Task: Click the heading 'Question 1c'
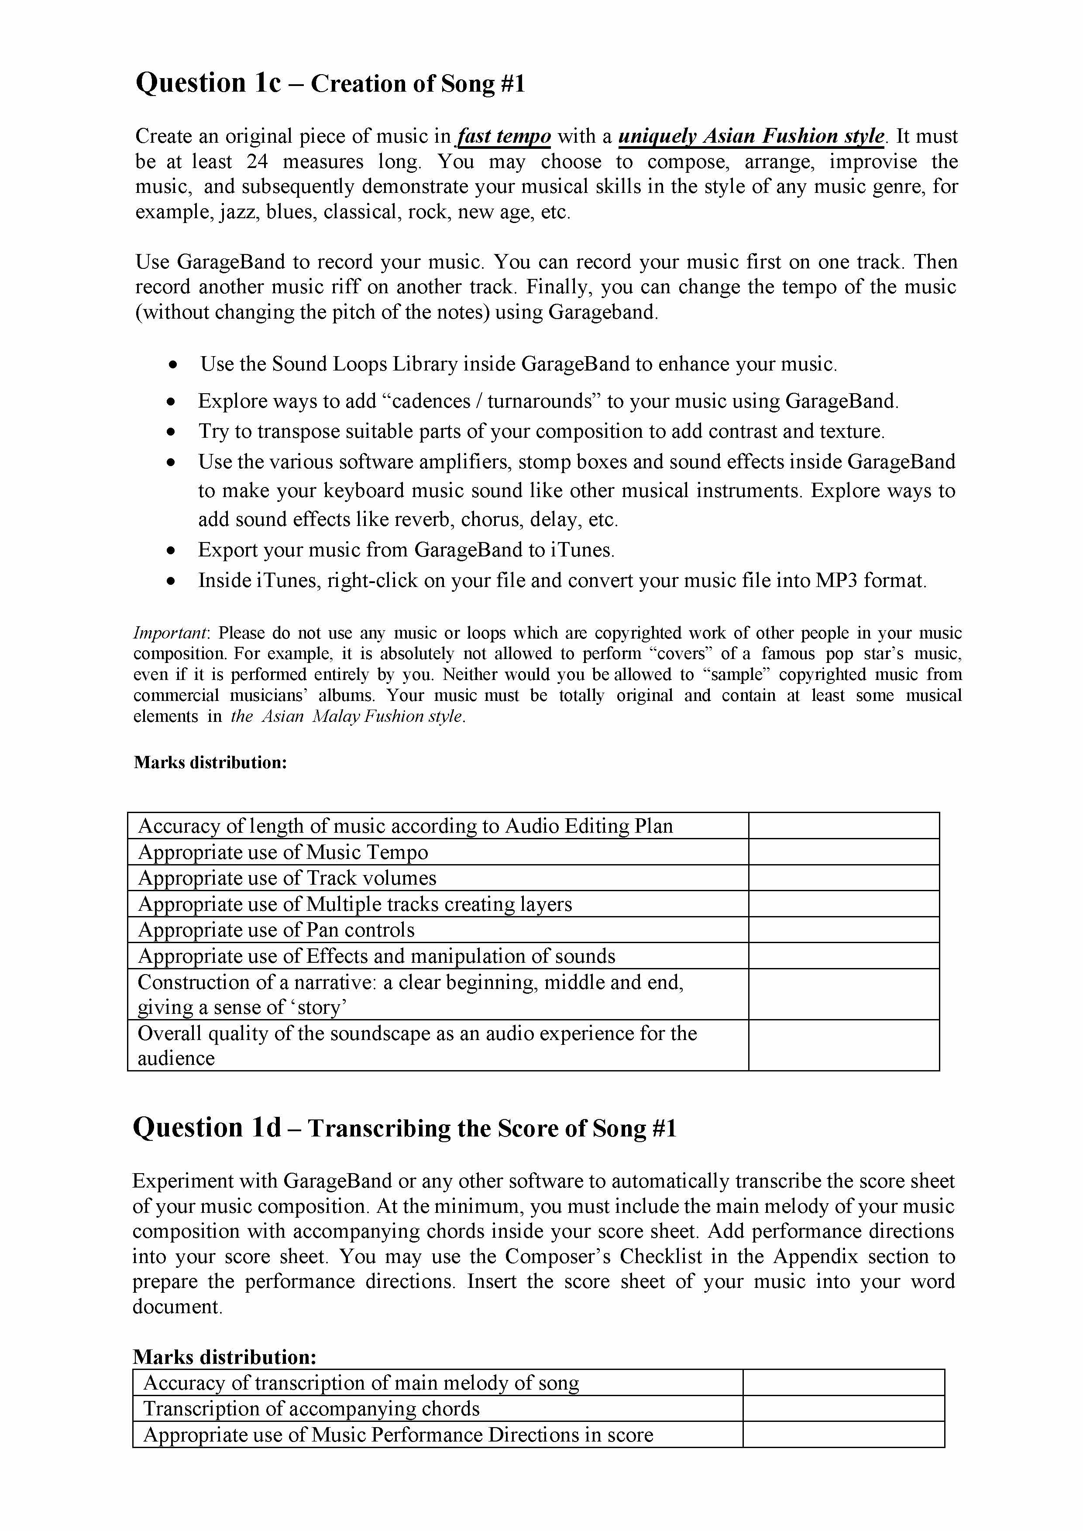pos(208,83)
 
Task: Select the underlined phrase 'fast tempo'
pos(504,137)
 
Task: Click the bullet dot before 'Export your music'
pos(172,551)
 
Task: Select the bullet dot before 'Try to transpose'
pos(172,432)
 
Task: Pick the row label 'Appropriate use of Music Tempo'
pos(283,852)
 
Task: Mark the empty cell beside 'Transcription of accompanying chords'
pos(844,1408)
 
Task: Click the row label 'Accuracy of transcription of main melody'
pos(361,1383)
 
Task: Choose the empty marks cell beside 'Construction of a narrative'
pos(844,994)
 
